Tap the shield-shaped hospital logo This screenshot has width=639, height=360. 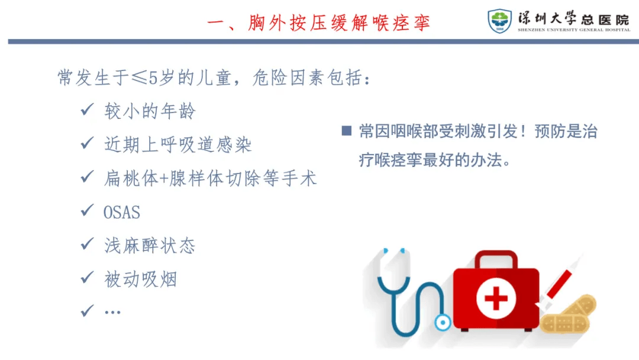[499, 21]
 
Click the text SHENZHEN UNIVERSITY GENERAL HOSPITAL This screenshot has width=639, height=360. [574, 30]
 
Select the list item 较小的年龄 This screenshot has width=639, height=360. [150, 111]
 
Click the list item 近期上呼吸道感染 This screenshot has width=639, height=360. [178, 144]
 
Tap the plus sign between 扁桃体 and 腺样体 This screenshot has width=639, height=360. [164, 179]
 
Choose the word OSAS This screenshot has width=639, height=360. [122, 213]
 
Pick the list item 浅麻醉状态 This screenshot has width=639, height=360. [150, 246]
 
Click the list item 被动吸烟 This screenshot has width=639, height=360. [141, 279]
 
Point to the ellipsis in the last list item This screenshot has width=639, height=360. [112, 313]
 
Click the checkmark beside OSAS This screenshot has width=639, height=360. [87, 210]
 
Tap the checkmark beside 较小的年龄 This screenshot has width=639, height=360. [87, 109]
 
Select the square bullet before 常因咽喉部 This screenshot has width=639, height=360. [346, 130]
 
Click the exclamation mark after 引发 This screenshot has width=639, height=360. [523, 131]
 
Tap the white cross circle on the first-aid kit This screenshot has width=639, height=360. [496, 299]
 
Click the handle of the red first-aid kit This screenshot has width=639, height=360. [496, 259]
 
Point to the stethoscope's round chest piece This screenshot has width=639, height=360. [443, 323]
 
